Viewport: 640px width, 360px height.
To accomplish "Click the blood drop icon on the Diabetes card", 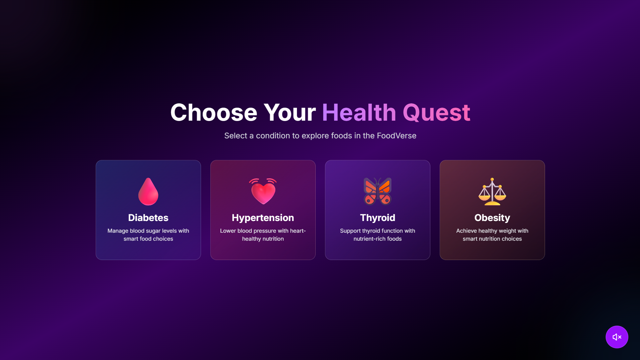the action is [148, 192].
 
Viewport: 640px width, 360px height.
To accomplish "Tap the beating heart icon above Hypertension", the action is [263, 191].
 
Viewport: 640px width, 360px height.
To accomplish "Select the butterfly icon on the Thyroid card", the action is [378, 191].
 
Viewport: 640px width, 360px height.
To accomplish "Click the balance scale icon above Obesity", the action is [492, 191].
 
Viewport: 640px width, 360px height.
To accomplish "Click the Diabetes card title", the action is [148, 218].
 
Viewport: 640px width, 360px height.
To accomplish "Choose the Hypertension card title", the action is [263, 218].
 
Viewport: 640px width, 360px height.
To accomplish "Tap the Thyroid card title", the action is [378, 218].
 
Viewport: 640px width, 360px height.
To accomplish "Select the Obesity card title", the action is [492, 218].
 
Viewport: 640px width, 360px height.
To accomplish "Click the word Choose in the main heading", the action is [214, 112].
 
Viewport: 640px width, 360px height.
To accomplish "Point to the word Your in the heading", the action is [290, 112].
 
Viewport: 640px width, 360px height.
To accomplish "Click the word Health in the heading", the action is [359, 112].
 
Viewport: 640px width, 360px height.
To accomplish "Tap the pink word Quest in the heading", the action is [437, 112].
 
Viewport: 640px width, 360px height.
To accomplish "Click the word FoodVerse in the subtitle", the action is [397, 136].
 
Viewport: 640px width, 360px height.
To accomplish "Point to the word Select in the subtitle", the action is [236, 136].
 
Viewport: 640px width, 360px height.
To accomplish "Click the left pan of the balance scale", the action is [484, 198].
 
